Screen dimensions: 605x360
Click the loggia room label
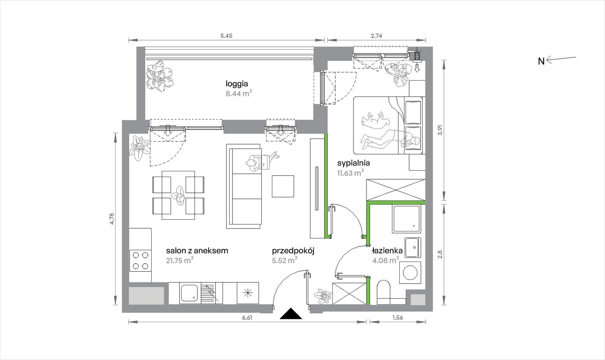point(237,84)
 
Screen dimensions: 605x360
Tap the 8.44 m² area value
point(239,93)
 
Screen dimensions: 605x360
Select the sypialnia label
point(353,163)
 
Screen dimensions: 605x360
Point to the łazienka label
point(387,251)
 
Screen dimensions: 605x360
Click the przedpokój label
point(293,251)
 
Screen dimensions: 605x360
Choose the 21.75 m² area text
point(180,260)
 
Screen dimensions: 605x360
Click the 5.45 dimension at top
point(226,36)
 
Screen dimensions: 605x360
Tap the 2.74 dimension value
point(376,36)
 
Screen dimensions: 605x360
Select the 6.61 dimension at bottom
point(247,318)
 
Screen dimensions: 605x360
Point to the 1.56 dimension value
point(397,318)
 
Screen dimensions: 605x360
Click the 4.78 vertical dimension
point(111,219)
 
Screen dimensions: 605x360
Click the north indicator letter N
point(541,61)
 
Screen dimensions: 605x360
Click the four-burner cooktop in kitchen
point(140,261)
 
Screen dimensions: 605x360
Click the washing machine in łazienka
point(410,272)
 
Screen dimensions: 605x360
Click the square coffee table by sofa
point(283,186)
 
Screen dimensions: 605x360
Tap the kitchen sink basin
point(189,293)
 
